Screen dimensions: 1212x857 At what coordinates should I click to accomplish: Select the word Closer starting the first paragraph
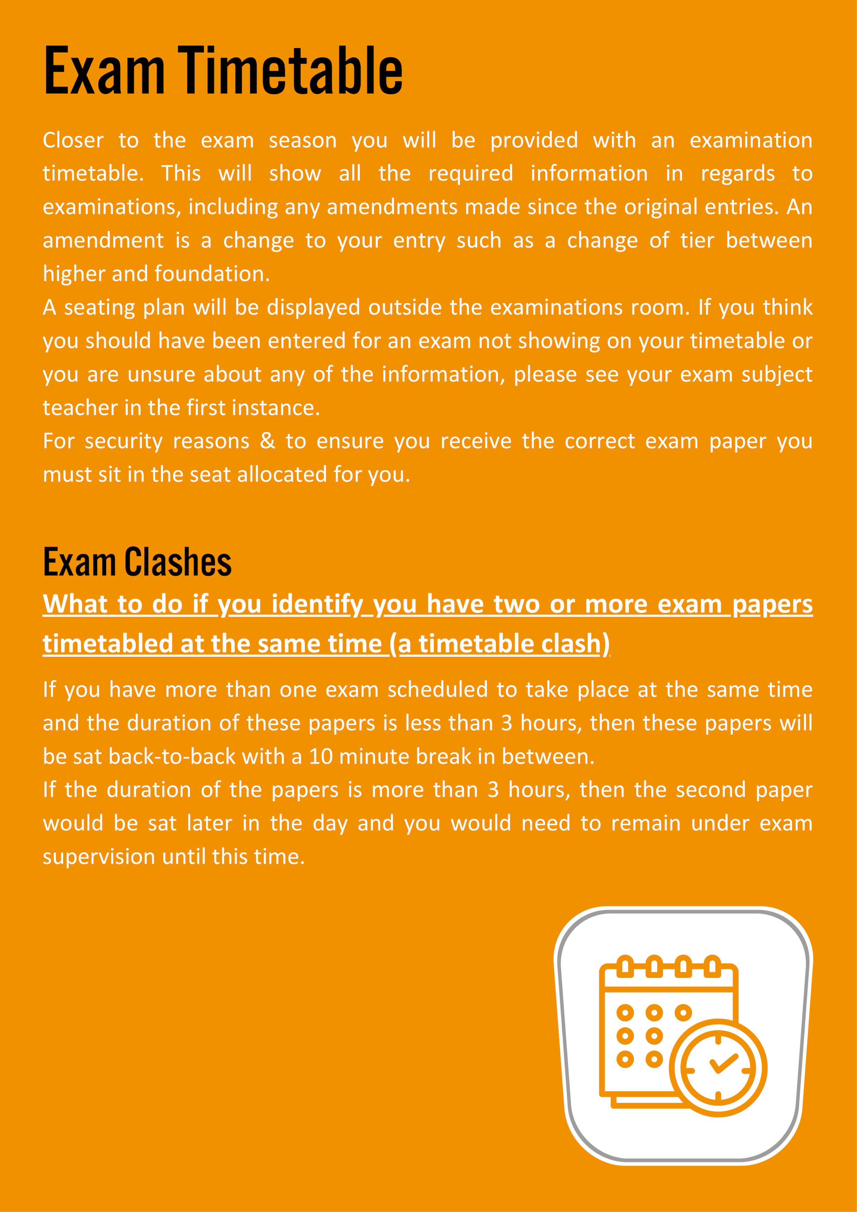[73, 141]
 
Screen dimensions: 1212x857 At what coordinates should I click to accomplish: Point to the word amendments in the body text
[392, 207]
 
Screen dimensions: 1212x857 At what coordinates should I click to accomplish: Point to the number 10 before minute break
[321, 756]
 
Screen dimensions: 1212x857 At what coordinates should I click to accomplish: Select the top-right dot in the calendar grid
[683, 1012]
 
